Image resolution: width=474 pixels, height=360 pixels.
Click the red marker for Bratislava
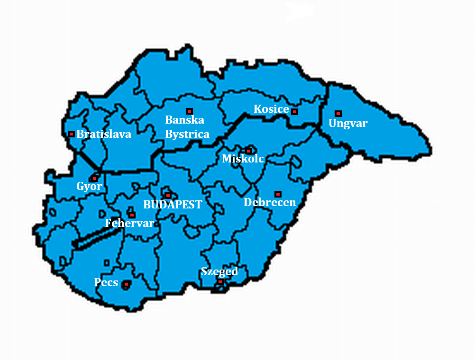pyautogui.click(x=71, y=134)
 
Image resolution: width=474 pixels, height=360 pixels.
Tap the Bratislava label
pyautogui.click(x=104, y=134)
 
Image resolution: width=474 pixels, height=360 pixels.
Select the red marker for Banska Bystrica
pyautogui.click(x=189, y=111)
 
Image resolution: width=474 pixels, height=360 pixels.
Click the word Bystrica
pyautogui.click(x=187, y=134)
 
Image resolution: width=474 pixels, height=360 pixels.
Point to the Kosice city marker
pyautogui.click(x=294, y=112)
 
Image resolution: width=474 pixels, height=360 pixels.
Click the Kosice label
pyautogui.click(x=271, y=109)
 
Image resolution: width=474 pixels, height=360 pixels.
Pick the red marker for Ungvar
pyautogui.click(x=338, y=114)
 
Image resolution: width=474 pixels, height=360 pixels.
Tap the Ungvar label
pyautogui.click(x=348, y=124)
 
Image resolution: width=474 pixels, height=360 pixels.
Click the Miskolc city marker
pyautogui.click(x=248, y=151)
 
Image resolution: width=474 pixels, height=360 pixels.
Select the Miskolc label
pyautogui.click(x=243, y=159)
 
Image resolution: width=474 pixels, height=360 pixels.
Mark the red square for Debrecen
pyautogui.click(x=278, y=194)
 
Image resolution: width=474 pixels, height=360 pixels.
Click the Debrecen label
pyautogui.click(x=270, y=203)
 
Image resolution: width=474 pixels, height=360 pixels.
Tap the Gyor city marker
pyautogui.click(x=95, y=179)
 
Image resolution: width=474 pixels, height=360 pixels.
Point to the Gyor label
pyautogui.click(x=89, y=187)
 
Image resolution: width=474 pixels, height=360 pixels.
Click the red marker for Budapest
pyautogui.click(x=168, y=196)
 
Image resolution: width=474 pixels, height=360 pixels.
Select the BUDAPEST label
pyautogui.click(x=173, y=205)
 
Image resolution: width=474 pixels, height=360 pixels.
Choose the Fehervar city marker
pyautogui.click(x=132, y=215)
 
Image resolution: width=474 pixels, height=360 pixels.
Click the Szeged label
pyautogui.click(x=219, y=272)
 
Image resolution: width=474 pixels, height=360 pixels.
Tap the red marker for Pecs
pyautogui.click(x=126, y=284)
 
